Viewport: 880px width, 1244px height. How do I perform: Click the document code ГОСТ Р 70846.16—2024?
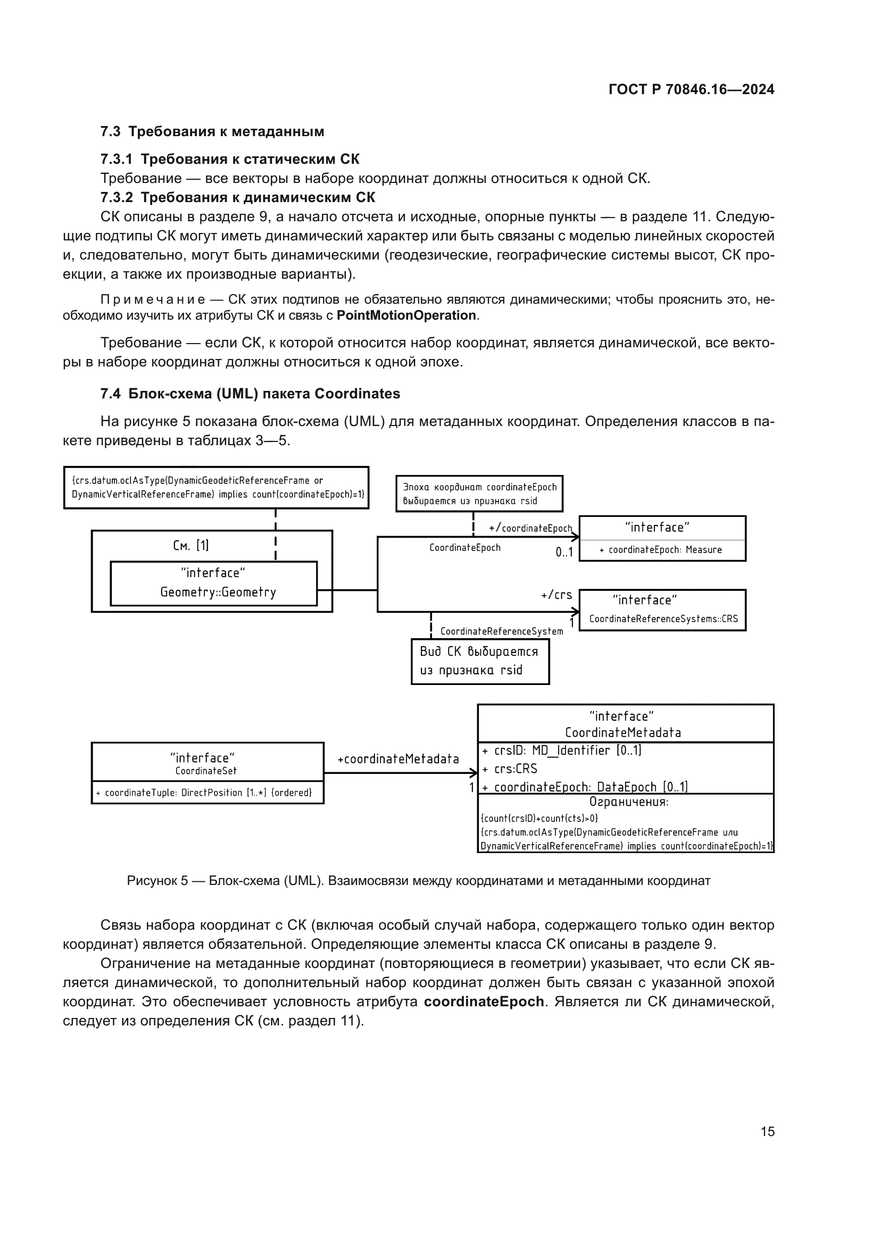pos(691,89)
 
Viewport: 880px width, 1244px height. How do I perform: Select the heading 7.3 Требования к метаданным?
pos(212,131)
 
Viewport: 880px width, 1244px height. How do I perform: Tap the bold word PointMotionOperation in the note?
pos(406,315)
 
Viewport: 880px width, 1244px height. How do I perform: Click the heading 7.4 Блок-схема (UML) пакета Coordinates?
pos(250,394)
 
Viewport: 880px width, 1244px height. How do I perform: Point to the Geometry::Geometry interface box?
pos(213,583)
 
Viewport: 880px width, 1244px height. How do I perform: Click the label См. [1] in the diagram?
pos(191,545)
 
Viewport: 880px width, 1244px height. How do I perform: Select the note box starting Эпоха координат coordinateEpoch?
pos(479,494)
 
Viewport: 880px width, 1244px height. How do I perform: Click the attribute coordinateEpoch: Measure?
pos(661,550)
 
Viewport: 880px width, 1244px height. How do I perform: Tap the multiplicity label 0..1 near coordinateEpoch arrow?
pos(563,553)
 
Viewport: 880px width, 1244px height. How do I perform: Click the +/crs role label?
pos(556,595)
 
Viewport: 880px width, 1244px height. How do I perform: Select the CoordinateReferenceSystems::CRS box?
pos(662,610)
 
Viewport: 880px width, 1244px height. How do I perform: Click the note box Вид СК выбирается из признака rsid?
pos(479,661)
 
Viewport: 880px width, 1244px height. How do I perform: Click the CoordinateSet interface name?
pos(206,771)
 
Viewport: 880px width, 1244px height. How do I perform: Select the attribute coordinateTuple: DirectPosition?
pos(204,792)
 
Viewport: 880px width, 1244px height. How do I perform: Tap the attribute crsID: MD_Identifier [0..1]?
pos(561,750)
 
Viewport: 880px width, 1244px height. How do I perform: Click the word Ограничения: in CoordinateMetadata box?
pos(628,802)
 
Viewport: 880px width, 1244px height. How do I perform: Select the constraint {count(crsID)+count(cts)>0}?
pos(539,818)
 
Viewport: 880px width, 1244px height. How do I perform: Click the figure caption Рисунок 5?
pos(418,880)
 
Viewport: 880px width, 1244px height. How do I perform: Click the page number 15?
pos(767,1131)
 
